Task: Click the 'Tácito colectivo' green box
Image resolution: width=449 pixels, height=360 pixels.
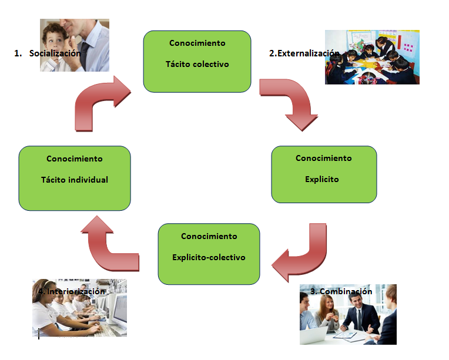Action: (x=197, y=61)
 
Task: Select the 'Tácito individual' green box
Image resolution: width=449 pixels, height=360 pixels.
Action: (x=75, y=178)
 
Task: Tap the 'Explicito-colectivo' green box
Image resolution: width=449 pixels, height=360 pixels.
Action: (x=209, y=254)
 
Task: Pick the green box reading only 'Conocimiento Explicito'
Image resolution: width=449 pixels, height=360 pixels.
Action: (x=323, y=174)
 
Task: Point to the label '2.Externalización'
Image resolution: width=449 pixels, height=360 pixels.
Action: (x=304, y=53)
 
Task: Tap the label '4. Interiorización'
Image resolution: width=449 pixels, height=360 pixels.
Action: (x=72, y=291)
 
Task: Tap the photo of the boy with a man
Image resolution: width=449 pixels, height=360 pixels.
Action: (x=75, y=45)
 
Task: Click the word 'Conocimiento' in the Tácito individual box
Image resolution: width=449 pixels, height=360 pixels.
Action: (x=75, y=159)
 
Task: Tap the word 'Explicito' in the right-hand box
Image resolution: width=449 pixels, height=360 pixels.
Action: (x=322, y=179)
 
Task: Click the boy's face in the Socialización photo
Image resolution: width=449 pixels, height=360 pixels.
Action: (x=59, y=36)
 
